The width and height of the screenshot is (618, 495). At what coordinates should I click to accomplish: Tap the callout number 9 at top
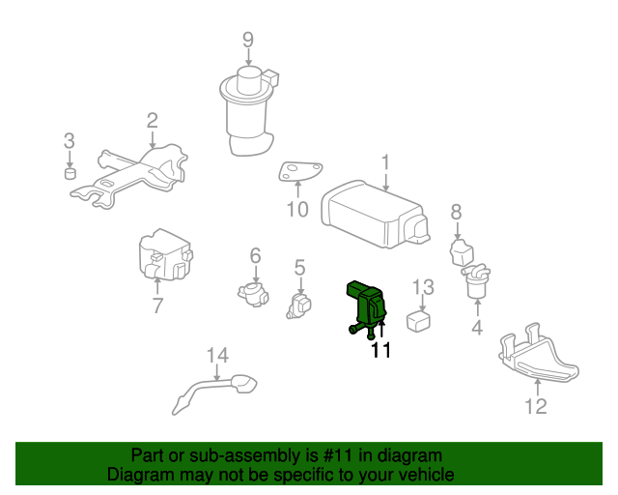[x=248, y=40]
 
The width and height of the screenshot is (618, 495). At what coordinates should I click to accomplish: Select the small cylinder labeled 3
[x=70, y=173]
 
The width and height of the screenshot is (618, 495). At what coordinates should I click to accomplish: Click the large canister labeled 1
[x=375, y=214]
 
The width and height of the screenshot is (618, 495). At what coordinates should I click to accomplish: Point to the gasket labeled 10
[x=299, y=172]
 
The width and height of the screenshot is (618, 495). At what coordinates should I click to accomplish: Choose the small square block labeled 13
[x=418, y=321]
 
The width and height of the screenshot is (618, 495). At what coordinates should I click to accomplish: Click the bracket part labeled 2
[x=130, y=176]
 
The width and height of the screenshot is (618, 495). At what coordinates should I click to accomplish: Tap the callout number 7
[x=157, y=306]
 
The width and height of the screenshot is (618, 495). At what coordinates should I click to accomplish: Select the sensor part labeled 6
[x=253, y=294]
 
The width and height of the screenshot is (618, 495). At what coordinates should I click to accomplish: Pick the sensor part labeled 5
[x=298, y=306]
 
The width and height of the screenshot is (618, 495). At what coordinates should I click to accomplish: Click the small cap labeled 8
[x=462, y=251]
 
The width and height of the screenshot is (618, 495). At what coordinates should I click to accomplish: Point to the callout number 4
[x=477, y=327]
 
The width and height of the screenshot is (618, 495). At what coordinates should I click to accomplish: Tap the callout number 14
[x=217, y=355]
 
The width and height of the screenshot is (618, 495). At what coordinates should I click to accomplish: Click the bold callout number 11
[x=381, y=350]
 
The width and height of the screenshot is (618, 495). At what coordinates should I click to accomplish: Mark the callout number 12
[x=536, y=406]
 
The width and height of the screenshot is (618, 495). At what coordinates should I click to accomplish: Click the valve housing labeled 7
[x=165, y=254]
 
